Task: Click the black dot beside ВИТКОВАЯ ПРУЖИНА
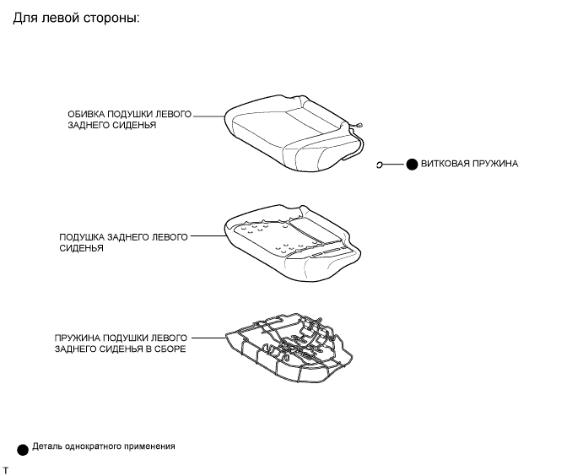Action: [x=412, y=165]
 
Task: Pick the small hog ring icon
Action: [x=381, y=165]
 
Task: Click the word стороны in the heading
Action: [x=105, y=18]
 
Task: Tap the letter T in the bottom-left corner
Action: [x=5, y=468]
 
